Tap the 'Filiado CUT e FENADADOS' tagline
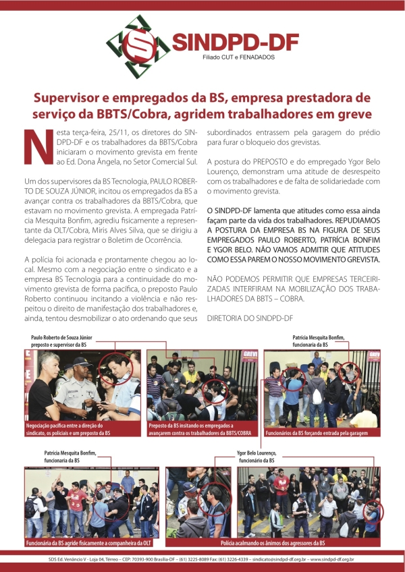point(238,58)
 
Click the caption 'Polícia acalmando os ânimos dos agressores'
point(272,543)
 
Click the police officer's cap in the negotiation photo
point(74,362)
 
